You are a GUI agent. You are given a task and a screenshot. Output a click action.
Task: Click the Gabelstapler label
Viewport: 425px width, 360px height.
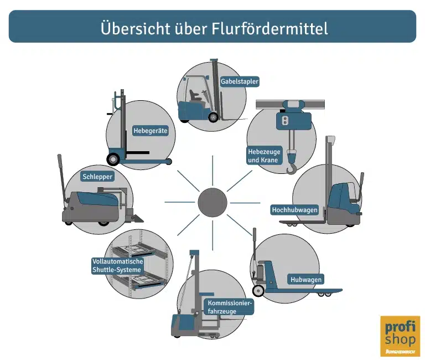tap(240, 81)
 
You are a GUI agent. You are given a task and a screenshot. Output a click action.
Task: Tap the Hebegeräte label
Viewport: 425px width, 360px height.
tap(150, 131)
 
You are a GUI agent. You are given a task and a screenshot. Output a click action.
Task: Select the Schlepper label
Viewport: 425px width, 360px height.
tap(97, 177)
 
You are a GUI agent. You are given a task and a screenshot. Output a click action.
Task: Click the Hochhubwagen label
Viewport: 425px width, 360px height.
tap(294, 210)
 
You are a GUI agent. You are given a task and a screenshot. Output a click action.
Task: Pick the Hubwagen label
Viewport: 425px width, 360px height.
tap(306, 280)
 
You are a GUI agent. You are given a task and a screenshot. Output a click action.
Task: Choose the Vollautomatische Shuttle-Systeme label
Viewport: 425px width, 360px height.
tap(118, 265)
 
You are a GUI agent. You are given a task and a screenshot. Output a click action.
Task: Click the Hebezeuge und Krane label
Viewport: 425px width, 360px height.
tap(265, 155)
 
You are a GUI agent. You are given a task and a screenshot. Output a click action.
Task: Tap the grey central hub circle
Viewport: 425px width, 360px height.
tap(213, 203)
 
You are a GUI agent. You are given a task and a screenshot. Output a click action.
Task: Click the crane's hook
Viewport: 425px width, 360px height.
tap(292, 166)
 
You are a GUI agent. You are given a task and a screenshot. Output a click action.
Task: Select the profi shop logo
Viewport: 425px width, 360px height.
tap(400, 336)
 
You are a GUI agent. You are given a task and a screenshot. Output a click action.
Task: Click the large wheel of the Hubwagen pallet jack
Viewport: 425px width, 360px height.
tap(258, 290)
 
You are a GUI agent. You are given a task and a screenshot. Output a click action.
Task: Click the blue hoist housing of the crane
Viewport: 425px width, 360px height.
tap(293, 120)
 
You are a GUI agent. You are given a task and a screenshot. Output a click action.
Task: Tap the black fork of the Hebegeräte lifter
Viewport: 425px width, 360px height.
tap(136, 152)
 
